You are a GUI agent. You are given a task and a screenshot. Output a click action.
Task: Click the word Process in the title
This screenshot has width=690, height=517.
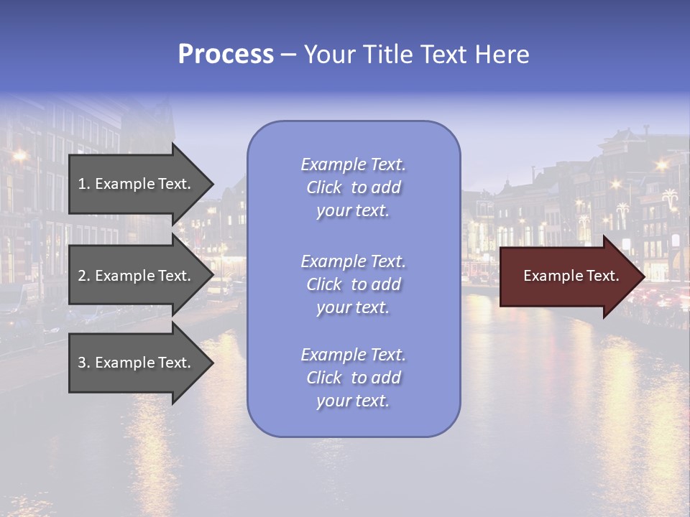(226, 55)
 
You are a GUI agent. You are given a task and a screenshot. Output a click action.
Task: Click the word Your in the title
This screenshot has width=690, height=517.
(327, 55)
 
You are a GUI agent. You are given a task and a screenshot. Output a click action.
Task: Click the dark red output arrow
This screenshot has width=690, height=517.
(568, 276)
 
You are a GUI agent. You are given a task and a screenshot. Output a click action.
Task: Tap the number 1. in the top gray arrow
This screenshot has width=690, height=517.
(83, 184)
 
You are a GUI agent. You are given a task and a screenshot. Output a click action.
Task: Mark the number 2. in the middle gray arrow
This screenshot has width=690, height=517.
(83, 276)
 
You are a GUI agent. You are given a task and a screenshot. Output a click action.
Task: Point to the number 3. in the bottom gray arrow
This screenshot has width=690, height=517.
(83, 363)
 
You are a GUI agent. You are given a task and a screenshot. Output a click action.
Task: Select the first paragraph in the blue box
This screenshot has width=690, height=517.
(353, 187)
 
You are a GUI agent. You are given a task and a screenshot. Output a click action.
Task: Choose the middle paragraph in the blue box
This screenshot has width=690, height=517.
(353, 284)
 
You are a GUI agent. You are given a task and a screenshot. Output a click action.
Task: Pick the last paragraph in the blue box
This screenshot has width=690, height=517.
(353, 378)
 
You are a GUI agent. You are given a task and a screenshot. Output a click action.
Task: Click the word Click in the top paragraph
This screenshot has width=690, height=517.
(324, 187)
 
